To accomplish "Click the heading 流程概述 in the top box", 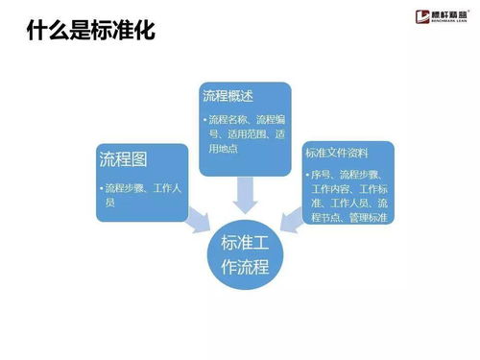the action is [x=228, y=96].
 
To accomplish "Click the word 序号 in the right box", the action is [x=322, y=175].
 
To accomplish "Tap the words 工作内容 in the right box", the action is [x=332, y=189].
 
